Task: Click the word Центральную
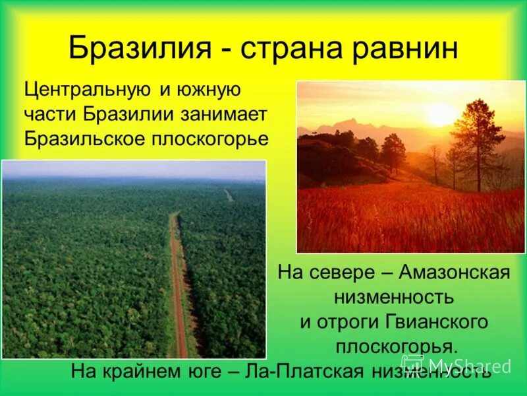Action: pos(86,88)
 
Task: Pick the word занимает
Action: pos(223,114)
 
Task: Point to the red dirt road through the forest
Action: pos(179,284)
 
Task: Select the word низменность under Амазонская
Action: pos(394,296)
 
